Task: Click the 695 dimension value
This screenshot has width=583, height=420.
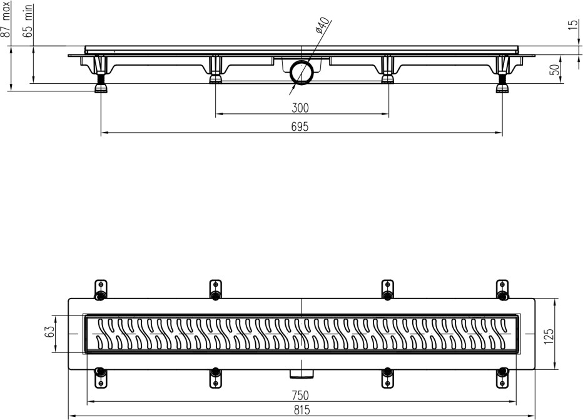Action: click(300, 127)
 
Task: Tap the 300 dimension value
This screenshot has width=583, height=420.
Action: click(300, 108)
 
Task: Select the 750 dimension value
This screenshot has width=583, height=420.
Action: click(300, 395)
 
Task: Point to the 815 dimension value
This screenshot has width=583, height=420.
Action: click(302, 410)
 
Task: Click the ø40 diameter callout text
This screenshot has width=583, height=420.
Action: click(322, 25)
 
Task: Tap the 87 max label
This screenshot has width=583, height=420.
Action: click(5, 19)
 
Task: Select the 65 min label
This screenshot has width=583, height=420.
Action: click(28, 21)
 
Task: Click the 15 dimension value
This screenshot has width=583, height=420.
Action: click(574, 25)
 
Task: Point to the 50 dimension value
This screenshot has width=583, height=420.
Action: click(554, 69)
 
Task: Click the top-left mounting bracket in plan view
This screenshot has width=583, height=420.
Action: click(100, 290)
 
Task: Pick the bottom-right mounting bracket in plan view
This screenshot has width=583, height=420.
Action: click(502, 377)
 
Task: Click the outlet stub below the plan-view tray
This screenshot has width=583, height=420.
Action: click(302, 374)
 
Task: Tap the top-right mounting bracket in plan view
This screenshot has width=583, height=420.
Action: click(502, 290)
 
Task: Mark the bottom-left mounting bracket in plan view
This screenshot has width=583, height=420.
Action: click(100, 377)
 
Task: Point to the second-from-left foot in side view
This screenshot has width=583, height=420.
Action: click(215, 69)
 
